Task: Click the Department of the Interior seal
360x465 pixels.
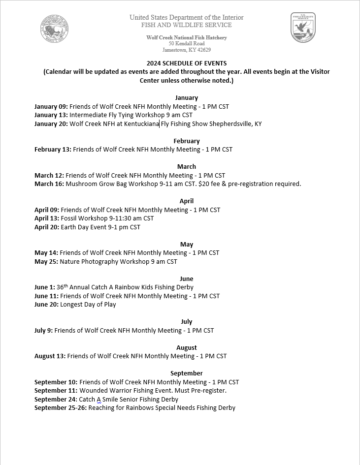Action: point(55,29)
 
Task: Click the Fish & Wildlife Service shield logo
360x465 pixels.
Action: point(303,28)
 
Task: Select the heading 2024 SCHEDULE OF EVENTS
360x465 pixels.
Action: point(187,63)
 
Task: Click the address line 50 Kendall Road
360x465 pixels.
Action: point(186,43)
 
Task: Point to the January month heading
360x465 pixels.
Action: point(186,97)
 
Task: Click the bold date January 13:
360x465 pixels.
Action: point(51,115)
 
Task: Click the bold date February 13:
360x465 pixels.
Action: point(53,150)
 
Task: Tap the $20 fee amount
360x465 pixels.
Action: point(204,184)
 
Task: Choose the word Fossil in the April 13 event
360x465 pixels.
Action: point(69,218)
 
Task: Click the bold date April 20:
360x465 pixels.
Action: point(46,227)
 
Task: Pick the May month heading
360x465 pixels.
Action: point(186,244)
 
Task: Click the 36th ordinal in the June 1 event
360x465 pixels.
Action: point(62,287)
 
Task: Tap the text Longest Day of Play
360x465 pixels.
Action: point(88,305)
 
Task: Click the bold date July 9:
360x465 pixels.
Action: point(43,331)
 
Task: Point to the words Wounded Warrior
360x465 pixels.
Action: point(103,391)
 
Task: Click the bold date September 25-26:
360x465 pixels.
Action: point(60,408)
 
